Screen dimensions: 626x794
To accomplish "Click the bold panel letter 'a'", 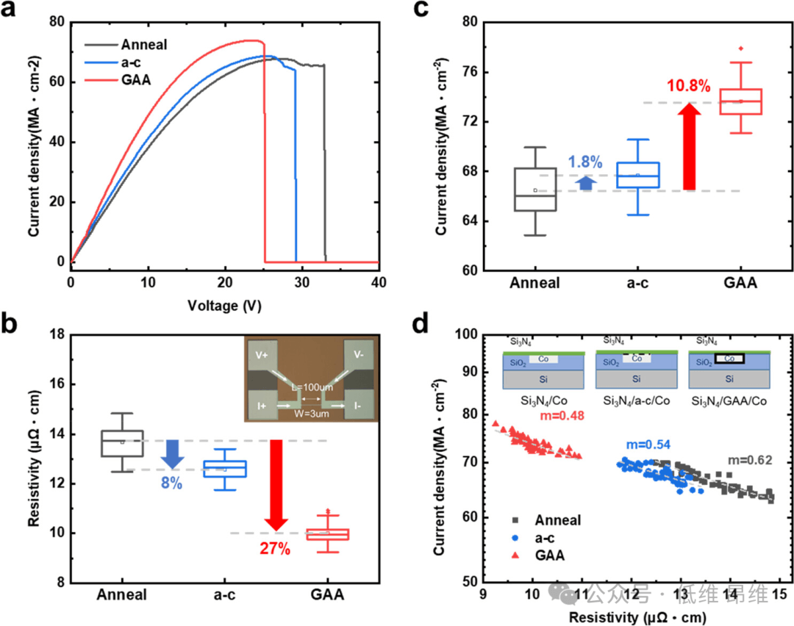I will coord(12,12).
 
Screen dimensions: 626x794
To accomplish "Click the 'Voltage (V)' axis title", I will coord(223,303).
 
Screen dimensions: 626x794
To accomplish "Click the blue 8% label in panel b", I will coord(172,484).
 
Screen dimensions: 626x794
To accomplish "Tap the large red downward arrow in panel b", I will coord(276,485).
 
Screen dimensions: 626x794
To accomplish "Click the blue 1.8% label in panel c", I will coord(584,160).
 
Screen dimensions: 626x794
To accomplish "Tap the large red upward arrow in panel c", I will coord(689,147).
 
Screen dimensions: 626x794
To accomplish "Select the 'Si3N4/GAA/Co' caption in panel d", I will coord(729,400).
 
